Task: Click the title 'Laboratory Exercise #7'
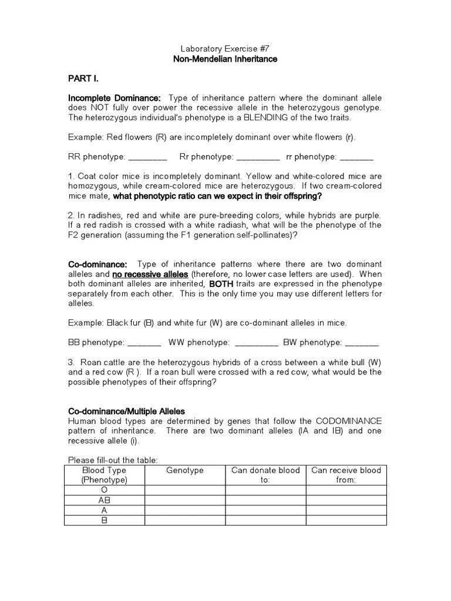[x=225, y=49]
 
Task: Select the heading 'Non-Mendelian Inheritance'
[x=225, y=59]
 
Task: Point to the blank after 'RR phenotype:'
[x=147, y=157]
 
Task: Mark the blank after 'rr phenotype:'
[x=356, y=157]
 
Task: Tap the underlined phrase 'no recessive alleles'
[x=150, y=275]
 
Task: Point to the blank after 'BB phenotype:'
[x=144, y=343]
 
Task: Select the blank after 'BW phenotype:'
[x=362, y=343]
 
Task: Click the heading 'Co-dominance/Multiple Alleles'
[x=127, y=411]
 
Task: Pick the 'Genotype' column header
[x=185, y=470]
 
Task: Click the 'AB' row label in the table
[x=105, y=500]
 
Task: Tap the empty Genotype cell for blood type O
[x=185, y=490]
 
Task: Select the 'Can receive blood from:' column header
[x=346, y=475]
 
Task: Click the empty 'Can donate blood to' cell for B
[x=265, y=520]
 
